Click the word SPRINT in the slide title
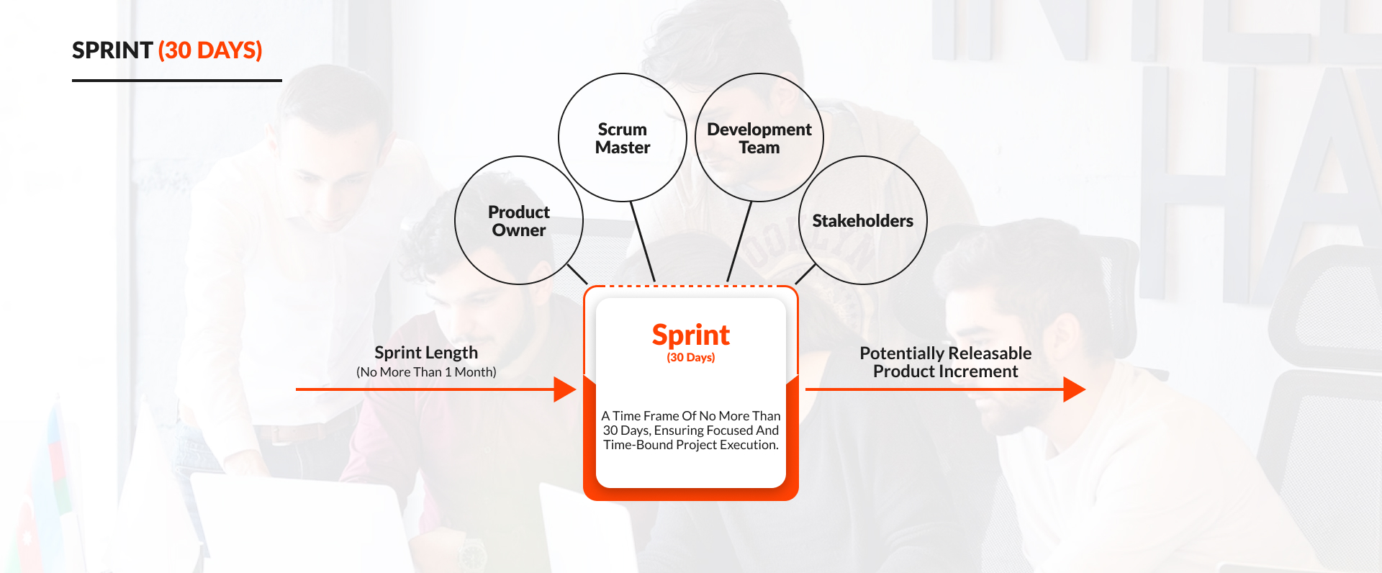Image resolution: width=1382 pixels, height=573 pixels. tap(112, 50)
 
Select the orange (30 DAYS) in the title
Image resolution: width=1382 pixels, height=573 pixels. tap(210, 50)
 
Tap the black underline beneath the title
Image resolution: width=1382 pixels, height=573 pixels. tap(176, 81)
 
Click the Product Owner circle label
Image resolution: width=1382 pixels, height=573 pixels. tap(518, 221)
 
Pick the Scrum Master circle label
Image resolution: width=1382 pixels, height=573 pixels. tap(623, 138)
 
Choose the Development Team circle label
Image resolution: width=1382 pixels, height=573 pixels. tap(759, 138)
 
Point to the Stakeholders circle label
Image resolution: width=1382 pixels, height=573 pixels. tap(862, 221)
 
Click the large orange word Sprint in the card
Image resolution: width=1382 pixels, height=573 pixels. tap(690, 335)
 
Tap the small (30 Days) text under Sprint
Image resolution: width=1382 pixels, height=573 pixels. tap(690, 358)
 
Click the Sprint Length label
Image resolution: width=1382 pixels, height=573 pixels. tap(426, 353)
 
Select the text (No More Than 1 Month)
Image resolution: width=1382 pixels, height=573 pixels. tap(426, 372)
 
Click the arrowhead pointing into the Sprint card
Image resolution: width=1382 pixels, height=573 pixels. tap(564, 389)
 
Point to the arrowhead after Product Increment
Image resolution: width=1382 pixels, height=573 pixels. tap(1074, 389)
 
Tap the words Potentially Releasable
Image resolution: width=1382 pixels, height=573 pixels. tap(945, 353)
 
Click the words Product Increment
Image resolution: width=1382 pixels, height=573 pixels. tap(945, 371)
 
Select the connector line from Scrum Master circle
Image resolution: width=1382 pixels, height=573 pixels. tap(642, 240)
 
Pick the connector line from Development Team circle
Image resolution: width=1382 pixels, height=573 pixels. tap(739, 240)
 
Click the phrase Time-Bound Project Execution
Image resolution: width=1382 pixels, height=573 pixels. tap(690, 445)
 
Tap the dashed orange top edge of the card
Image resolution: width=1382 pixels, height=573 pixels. tap(690, 286)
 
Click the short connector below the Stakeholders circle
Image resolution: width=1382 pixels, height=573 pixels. tap(805, 274)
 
